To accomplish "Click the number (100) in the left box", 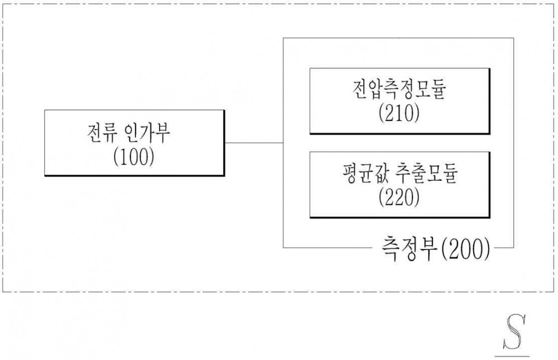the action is click(x=134, y=157).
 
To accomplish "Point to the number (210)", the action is click(x=399, y=114).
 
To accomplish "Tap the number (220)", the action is click(x=399, y=197).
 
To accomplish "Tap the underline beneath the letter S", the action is click(x=512, y=356).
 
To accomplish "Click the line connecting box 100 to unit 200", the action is click(x=254, y=143).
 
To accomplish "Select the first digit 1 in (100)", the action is click(x=124, y=157).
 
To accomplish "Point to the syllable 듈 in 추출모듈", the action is click(x=449, y=173).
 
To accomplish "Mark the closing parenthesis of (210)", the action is click(x=417, y=114).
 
